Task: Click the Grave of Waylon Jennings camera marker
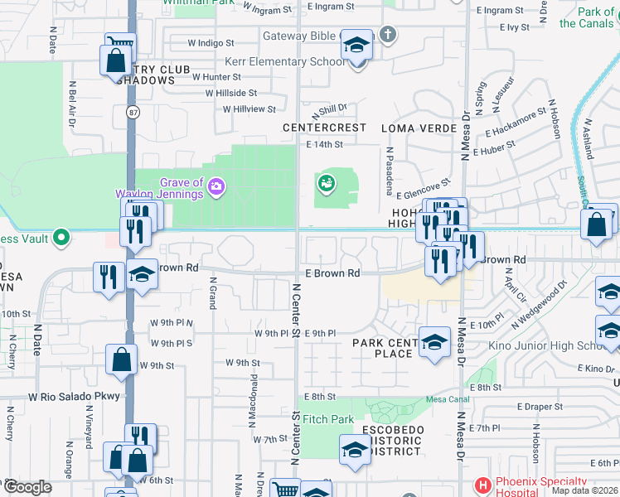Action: click(x=216, y=186)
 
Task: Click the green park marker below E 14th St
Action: click(x=327, y=183)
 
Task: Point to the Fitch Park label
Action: click(x=328, y=419)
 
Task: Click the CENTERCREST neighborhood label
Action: click(x=324, y=128)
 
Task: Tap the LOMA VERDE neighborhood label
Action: click(x=419, y=128)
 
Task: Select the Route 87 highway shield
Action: click(x=132, y=111)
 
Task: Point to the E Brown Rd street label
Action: click(x=332, y=273)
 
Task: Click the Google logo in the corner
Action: click(x=27, y=486)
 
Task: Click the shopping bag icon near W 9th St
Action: click(x=121, y=361)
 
